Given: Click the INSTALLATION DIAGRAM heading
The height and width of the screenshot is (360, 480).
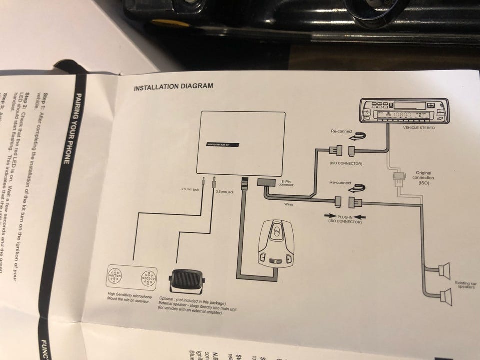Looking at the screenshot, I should (x=173, y=86).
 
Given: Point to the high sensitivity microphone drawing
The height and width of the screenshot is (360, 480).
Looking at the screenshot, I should (x=131, y=278).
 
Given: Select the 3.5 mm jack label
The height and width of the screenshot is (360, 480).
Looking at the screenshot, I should (x=224, y=192).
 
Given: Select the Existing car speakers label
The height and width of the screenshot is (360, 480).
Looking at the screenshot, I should (x=465, y=285).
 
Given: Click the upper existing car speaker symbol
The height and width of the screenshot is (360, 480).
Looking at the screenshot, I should (x=444, y=270).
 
